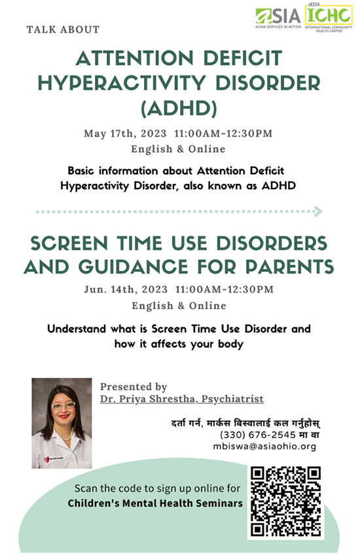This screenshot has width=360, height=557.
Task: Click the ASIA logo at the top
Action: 278,18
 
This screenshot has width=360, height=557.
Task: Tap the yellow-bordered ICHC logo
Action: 329,18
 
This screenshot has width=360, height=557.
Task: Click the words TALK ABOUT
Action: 63,29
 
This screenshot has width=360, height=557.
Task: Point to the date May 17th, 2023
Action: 125,134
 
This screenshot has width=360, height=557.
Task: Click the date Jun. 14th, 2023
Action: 126,289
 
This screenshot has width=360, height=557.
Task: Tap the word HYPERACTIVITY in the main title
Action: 122,83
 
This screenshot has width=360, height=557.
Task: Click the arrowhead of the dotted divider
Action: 317,211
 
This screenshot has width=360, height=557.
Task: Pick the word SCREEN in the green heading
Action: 69,243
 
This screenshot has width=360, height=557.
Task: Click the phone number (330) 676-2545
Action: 258,435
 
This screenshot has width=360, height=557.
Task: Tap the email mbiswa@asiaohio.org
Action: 264,446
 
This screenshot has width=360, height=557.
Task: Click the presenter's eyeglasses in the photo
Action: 63,405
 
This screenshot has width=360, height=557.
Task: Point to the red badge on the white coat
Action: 46,459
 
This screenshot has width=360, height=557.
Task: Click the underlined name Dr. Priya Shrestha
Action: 147,399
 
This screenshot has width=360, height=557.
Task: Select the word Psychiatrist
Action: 233,399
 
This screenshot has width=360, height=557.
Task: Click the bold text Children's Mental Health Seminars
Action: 155,503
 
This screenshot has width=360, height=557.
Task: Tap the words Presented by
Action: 134,386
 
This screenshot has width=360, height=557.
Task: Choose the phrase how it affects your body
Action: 179,344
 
